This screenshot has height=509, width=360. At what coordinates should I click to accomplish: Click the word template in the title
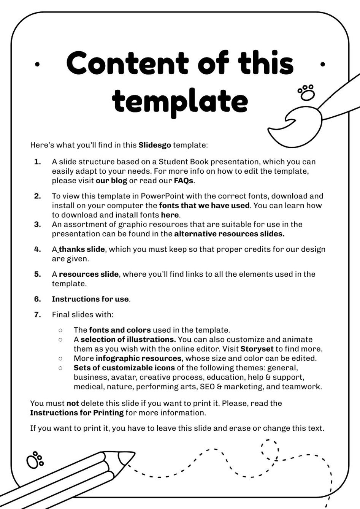click(180, 101)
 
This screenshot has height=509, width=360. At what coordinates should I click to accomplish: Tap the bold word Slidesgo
click(155, 145)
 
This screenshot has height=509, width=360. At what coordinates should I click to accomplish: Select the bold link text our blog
click(111, 181)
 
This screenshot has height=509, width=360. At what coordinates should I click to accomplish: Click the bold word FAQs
click(184, 181)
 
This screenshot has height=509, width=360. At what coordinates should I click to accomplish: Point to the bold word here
click(170, 215)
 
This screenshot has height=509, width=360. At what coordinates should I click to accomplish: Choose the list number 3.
click(37, 224)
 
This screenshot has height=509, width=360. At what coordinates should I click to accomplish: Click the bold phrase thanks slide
click(82, 249)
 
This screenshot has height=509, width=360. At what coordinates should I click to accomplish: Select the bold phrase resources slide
click(89, 274)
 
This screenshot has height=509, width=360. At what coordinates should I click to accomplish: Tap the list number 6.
click(37, 299)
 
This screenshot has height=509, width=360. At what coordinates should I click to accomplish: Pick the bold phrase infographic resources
click(138, 358)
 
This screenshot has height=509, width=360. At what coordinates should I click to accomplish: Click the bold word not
click(73, 403)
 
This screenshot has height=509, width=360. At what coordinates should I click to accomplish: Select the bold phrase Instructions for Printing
click(77, 413)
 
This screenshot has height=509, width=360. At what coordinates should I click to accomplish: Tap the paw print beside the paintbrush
click(306, 92)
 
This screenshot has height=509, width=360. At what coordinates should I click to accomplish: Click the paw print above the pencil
click(35, 460)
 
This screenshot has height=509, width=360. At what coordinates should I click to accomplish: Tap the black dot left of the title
click(37, 65)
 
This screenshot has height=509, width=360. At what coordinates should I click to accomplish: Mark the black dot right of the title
click(323, 65)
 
